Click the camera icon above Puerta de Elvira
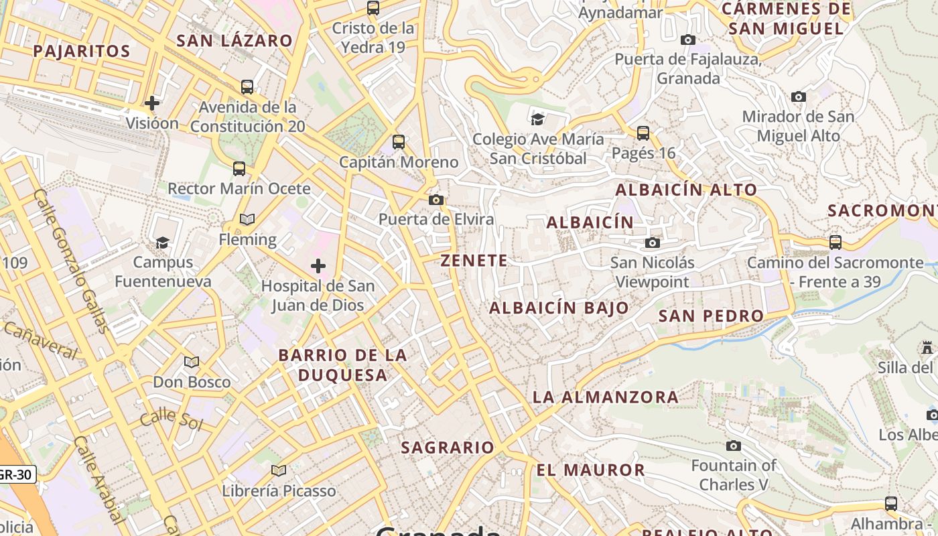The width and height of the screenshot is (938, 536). click(x=436, y=200)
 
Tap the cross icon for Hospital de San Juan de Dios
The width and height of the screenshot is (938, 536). click(x=318, y=266)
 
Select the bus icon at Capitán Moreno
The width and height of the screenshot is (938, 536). click(x=399, y=142)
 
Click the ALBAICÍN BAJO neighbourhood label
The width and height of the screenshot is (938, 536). click(x=559, y=308)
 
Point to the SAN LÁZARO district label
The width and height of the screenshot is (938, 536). click(x=234, y=41)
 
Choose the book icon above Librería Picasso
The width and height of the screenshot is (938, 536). click(x=279, y=470)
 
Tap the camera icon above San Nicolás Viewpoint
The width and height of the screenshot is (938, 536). click(x=653, y=243)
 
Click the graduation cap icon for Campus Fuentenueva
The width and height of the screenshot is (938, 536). click(x=162, y=242)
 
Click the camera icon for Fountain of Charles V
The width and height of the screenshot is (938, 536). click(x=734, y=446)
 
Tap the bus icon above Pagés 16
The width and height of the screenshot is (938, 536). click(x=643, y=133)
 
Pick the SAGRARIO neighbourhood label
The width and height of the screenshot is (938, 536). click(x=448, y=448)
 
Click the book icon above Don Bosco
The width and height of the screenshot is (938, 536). click(x=192, y=362)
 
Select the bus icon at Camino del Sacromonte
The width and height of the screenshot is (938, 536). click(x=835, y=242)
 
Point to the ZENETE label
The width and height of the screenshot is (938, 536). click(x=474, y=261)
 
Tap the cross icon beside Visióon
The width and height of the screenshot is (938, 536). click(x=152, y=103)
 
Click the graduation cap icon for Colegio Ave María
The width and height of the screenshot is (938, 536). click(x=537, y=119)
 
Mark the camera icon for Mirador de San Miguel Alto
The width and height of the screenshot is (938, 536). click(x=798, y=96)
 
